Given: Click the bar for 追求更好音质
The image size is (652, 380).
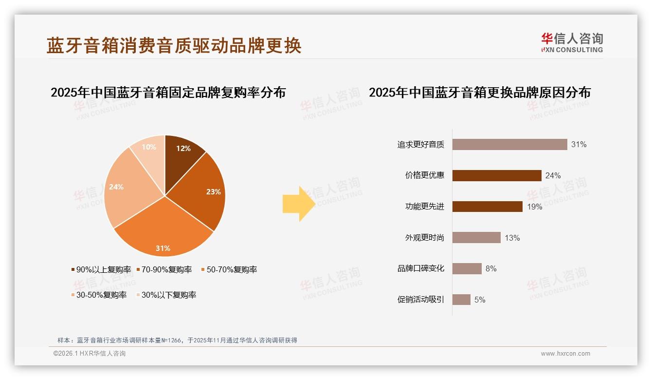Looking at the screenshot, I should [509, 144].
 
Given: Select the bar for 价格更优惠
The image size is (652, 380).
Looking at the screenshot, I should [497, 175].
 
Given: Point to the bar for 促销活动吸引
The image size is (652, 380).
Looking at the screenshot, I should [461, 300].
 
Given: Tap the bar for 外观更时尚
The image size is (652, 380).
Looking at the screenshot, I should [476, 238].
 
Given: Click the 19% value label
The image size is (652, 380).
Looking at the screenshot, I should [534, 207].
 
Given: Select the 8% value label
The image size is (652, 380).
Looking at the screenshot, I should [491, 268].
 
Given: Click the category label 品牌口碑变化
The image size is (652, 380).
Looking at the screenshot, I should [420, 268].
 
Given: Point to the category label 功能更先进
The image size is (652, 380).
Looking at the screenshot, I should [424, 207].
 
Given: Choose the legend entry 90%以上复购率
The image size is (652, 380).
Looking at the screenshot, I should [101, 269].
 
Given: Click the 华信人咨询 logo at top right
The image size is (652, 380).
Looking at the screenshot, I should [572, 43].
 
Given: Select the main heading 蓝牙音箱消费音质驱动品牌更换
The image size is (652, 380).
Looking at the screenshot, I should [174, 45].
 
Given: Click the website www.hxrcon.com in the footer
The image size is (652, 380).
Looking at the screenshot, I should [565, 354].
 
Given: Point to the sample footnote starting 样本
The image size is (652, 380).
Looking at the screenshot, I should [177, 340].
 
